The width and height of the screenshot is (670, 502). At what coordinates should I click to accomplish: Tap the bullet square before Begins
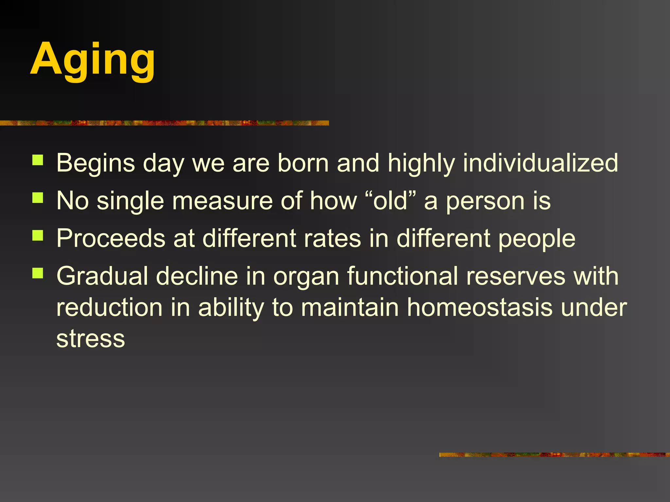tap(38, 160)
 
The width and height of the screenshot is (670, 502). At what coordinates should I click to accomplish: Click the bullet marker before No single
tap(38, 198)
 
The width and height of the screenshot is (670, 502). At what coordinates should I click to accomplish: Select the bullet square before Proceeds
tap(38, 235)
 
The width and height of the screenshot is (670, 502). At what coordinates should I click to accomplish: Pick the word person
tap(485, 201)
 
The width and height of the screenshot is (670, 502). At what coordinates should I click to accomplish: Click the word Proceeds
tap(111, 238)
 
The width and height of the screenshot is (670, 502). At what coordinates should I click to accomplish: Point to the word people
tap(537, 239)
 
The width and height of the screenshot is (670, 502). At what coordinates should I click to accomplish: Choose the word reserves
tap(516, 276)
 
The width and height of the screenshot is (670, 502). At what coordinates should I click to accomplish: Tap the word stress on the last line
tap(91, 339)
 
